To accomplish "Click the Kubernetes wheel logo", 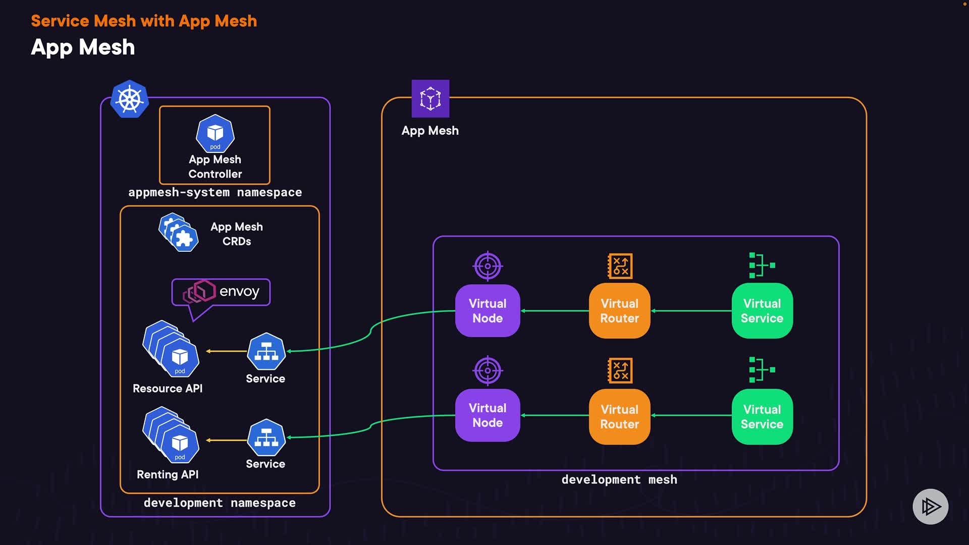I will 130,99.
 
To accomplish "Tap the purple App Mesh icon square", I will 430,98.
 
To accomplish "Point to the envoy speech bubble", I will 221,292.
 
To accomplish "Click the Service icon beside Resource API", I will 266,351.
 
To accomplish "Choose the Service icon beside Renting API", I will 266,438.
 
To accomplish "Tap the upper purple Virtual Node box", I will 488,311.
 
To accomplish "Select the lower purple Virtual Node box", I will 488,415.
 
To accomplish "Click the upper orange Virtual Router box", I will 619,311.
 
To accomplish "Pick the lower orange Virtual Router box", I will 619,416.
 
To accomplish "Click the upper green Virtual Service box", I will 762,311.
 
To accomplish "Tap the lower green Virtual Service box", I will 762,416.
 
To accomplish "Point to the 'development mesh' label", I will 619,479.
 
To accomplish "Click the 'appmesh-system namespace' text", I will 215,192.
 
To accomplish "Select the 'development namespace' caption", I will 220,503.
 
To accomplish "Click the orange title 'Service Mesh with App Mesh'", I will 144,21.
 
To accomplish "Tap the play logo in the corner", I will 930,506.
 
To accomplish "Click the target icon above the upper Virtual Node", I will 488,266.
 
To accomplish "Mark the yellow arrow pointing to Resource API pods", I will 226,351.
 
